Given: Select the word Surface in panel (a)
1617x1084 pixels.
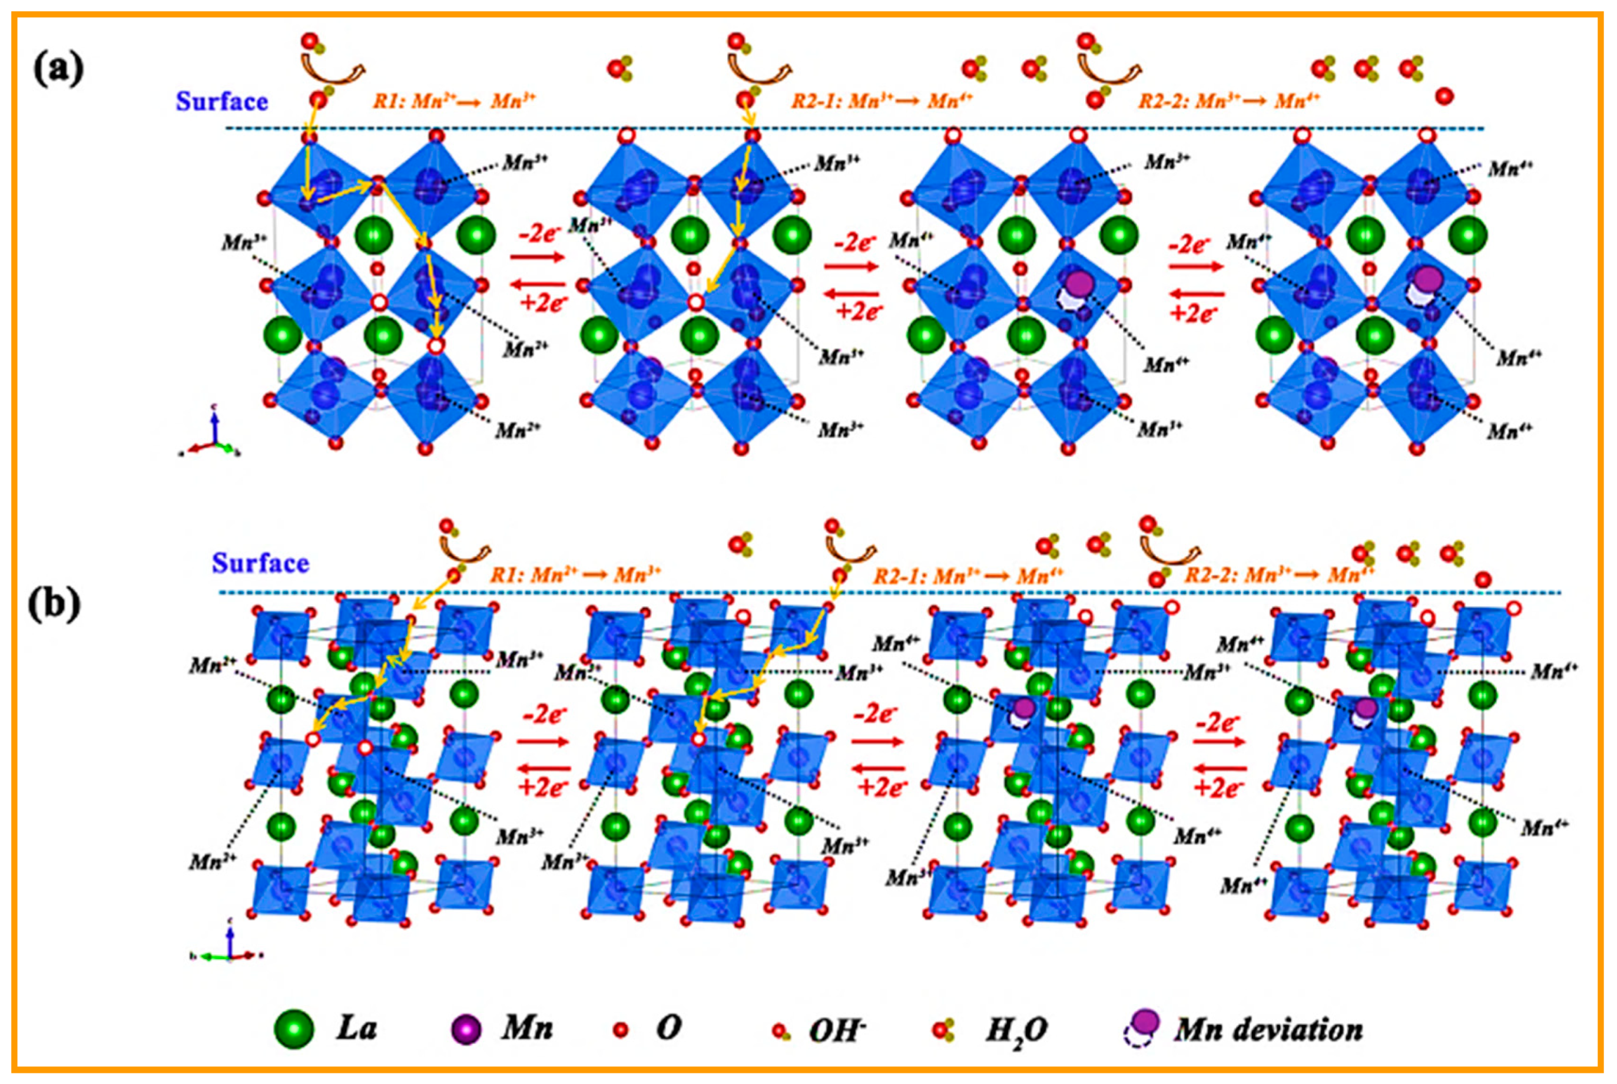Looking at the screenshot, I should coord(221,101).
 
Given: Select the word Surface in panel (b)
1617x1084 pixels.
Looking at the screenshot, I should coord(260,563).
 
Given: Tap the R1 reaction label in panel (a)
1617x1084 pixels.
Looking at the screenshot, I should coord(455,101).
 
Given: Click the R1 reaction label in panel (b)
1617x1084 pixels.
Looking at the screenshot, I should coord(576,574).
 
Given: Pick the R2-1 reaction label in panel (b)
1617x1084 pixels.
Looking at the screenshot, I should coord(967,575).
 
